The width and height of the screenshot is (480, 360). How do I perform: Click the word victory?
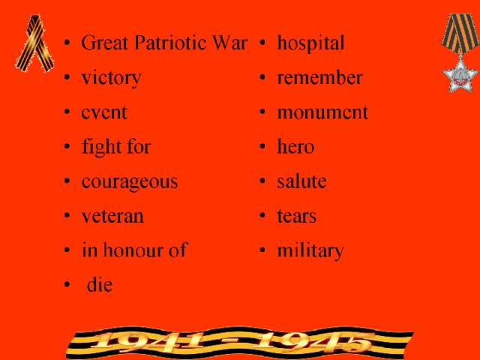click(x=112, y=78)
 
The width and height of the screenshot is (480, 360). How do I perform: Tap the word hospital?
click(x=310, y=43)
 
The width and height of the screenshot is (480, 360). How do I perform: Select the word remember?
click(x=320, y=77)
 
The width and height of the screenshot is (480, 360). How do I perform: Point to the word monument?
click(x=322, y=112)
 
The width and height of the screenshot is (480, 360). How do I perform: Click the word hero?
click(x=295, y=146)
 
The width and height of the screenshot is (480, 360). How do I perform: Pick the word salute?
click(x=301, y=181)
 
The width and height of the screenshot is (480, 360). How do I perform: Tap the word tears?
click(x=297, y=216)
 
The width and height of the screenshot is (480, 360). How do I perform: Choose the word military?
click(x=310, y=251)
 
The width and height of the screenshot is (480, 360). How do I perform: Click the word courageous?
click(x=130, y=183)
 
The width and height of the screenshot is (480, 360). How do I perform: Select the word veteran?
click(x=112, y=216)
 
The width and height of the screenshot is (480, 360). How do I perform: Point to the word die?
click(x=100, y=284)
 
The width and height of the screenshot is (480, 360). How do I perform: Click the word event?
click(x=104, y=112)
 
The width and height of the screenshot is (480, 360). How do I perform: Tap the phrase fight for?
click(x=116, y=147)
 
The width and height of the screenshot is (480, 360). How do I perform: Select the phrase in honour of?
click(x=134, y=250)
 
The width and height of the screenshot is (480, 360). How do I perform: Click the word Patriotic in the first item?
click(x=171, y=43)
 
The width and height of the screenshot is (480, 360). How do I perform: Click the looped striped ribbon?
click(x=35, y=43)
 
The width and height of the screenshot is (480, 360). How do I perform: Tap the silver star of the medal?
click(x=460, y=76)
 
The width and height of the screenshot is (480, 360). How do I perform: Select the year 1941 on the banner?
click(x=148, y=341)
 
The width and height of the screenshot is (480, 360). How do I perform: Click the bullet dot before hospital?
click(x=262, y=43)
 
